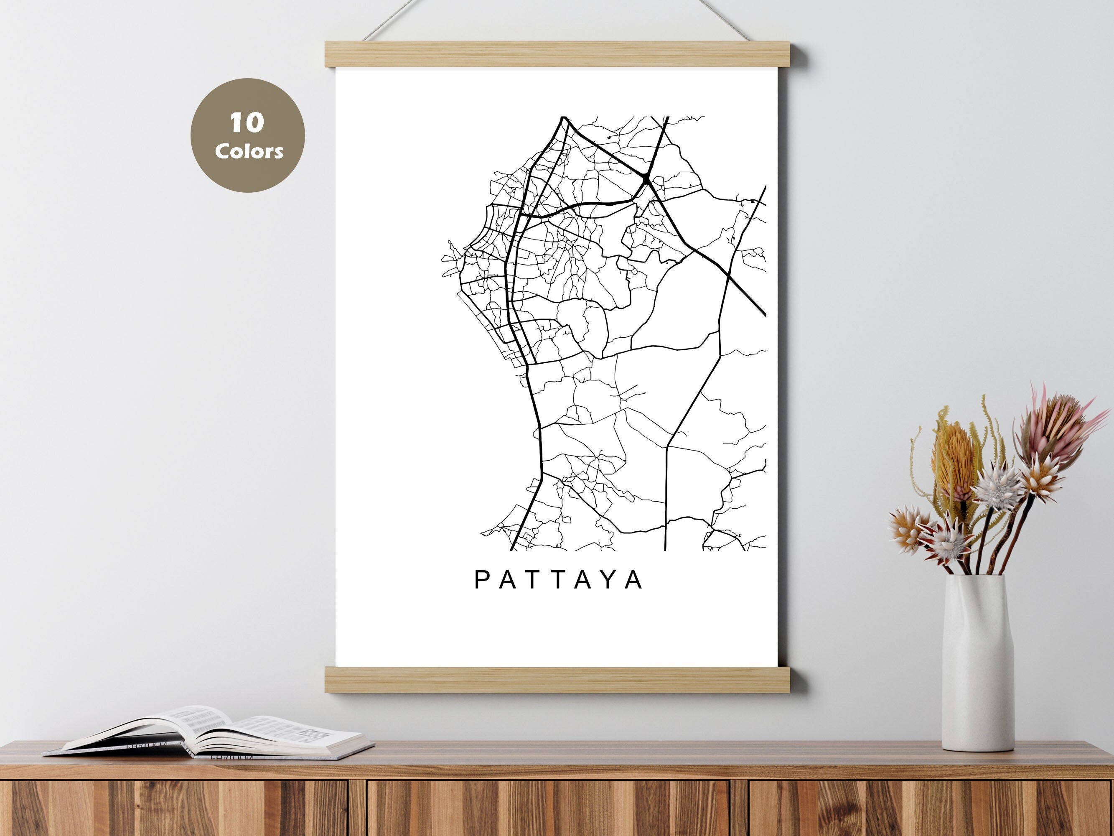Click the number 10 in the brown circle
[x=247, y=122]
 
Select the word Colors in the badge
[x=249, y=150]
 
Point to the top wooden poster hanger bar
[x=558, y=54]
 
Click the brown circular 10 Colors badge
[x=247, y=135]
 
